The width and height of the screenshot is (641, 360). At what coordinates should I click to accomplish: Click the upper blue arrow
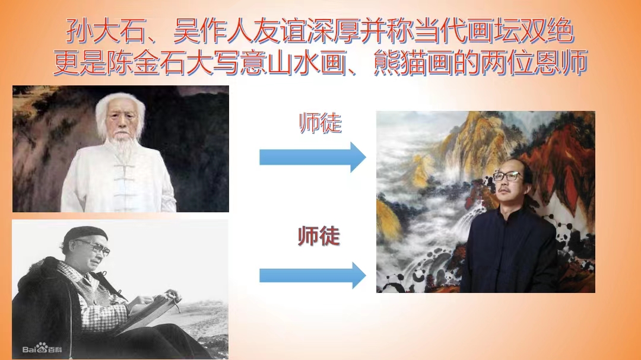point(312,157)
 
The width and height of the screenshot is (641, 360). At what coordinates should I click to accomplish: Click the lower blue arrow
point(312,275)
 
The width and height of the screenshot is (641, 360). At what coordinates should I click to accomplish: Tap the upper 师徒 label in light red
point(320,123)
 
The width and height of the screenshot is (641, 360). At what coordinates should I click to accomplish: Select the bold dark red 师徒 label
point(319,236)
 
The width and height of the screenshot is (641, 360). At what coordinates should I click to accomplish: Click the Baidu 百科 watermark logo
point(42,349)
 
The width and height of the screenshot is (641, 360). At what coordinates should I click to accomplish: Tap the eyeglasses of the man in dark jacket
point(507,177)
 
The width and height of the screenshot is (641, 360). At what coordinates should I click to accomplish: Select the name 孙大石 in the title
point(106,31)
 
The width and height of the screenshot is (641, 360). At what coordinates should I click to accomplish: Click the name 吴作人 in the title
point(212,31)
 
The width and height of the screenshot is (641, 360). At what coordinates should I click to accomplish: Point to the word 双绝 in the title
point(547,31)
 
